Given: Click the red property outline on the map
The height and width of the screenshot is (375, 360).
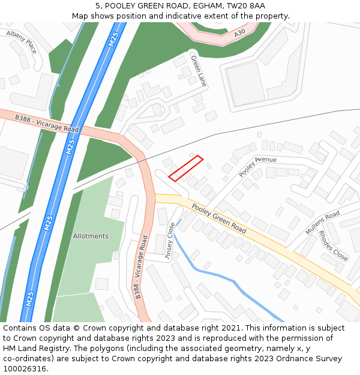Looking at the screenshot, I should click(186, 168).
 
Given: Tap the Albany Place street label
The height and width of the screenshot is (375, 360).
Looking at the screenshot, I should click(22, 42).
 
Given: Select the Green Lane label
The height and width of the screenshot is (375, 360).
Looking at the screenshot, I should click(198, 70).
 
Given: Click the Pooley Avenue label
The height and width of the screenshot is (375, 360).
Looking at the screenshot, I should click(257, 166).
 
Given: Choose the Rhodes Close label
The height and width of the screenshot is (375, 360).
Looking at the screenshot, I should click(333, 245).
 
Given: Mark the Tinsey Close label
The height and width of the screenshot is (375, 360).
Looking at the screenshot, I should click(170, 241).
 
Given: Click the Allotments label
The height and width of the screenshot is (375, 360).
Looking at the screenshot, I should click(91, 236).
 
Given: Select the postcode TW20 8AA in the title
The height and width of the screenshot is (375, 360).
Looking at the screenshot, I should click(247, 5).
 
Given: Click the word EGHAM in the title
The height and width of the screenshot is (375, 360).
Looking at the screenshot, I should click(202, 5).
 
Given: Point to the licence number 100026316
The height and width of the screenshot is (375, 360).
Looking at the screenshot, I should click(25, 369).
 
